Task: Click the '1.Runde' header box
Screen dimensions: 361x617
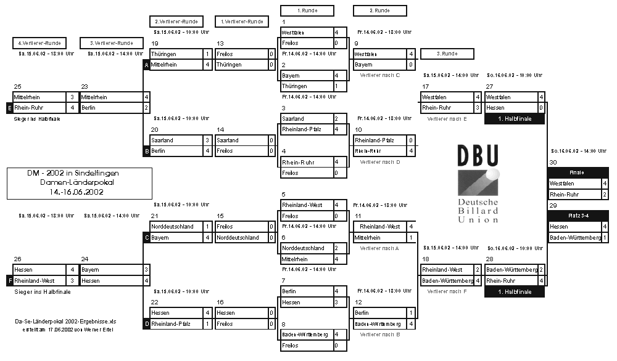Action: tap(307, 10)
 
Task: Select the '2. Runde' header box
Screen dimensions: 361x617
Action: tap(379, 10)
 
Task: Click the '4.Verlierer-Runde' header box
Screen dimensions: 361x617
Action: tap(39, 43)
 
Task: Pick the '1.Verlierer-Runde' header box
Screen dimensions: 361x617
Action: tap(241, 22)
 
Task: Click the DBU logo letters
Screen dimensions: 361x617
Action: tap(478, 156)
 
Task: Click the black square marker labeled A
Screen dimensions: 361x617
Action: tap(146, 65)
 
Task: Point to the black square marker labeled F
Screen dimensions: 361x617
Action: tap(9, 280)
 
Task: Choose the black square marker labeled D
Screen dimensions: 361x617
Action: tap(146, 323)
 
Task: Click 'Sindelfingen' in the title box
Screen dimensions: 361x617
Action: tap(104, 174)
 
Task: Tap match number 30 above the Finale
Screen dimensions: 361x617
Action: tap(553, 163)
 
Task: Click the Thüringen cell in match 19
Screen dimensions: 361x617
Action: tap(176, 54)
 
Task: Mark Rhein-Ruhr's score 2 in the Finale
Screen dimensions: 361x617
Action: tap(604, 194)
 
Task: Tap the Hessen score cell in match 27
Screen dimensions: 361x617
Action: tap(540, 108)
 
